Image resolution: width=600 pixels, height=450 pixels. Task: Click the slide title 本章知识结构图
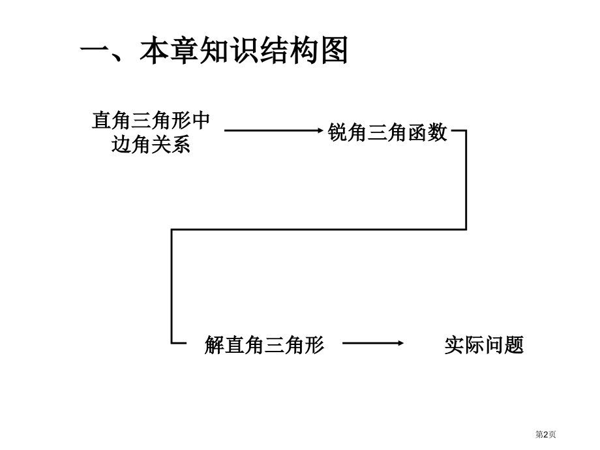(244, 50)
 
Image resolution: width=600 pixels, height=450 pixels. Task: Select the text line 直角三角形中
(151, 121)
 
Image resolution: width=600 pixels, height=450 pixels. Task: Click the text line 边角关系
(151, 145)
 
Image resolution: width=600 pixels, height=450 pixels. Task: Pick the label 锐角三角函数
(387, 132)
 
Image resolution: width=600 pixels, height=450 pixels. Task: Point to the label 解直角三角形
(264, 344)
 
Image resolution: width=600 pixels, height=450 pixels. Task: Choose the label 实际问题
(484, 344)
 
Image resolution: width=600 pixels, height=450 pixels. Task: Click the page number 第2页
(546, 434)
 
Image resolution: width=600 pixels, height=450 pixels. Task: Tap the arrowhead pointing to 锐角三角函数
(320, 130)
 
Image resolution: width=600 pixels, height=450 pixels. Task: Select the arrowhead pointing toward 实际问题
(400, 343)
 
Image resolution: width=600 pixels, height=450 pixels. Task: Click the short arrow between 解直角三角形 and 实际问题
(373, 343)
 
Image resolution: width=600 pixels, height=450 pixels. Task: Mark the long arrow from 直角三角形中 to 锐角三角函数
(274, 130)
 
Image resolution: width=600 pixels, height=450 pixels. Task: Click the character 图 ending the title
(335, 50)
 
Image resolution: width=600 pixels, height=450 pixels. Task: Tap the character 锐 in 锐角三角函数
(338, 132)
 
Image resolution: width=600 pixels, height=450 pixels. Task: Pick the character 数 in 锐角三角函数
(437, 132)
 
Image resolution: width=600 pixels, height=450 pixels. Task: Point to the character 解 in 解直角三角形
(215, 344)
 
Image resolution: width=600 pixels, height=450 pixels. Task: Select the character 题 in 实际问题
(514, 344)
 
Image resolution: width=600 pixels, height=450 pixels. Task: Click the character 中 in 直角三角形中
(200, 121)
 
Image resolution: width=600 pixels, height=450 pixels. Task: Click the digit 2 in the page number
(546, 434)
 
